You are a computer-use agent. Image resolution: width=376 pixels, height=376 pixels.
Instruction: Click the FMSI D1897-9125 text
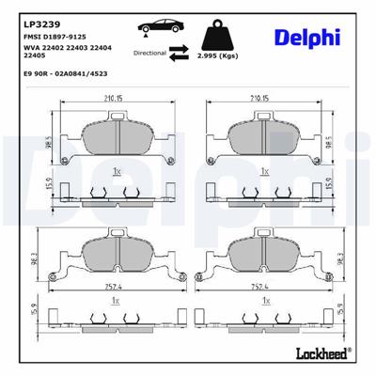58,35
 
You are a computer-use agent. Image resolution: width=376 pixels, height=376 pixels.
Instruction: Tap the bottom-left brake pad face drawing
116,251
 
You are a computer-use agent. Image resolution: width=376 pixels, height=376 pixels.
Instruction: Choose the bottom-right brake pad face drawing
262,251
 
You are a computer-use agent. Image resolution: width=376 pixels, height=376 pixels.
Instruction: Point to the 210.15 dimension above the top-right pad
262,96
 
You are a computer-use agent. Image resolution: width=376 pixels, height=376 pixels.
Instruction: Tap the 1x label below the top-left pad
116,172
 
